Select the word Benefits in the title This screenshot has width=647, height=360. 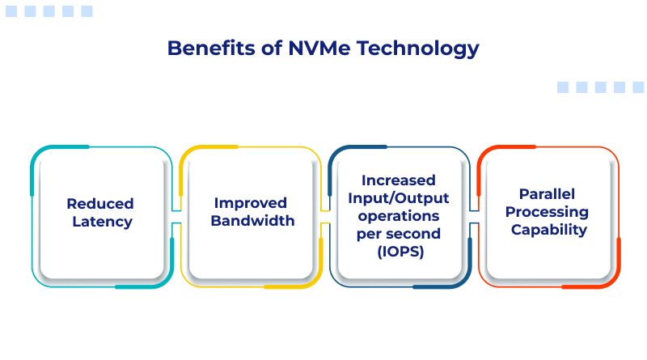[211, 48]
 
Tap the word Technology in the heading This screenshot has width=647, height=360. [417, 49]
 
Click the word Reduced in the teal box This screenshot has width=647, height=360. [100, 204]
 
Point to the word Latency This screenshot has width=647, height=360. [103, 222]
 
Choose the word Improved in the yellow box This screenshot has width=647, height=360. [251, 203]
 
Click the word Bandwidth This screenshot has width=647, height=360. [252, 221]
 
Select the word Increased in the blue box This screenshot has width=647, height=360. [399, 180]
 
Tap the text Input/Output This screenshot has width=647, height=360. [399, 198]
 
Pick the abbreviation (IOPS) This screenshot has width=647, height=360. [400, 252]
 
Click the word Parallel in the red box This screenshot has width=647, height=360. [548, 193]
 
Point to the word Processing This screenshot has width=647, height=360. [548, 212]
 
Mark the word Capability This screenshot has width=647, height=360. [549, 230]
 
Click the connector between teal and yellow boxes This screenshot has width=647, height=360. [176, 217]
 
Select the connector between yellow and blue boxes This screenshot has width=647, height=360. [326, 217]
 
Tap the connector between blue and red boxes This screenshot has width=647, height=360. [475, 217]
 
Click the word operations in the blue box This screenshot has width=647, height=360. [399, 216]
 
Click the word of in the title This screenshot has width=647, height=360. [272, 48]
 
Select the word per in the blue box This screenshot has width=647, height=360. [369, 235]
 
